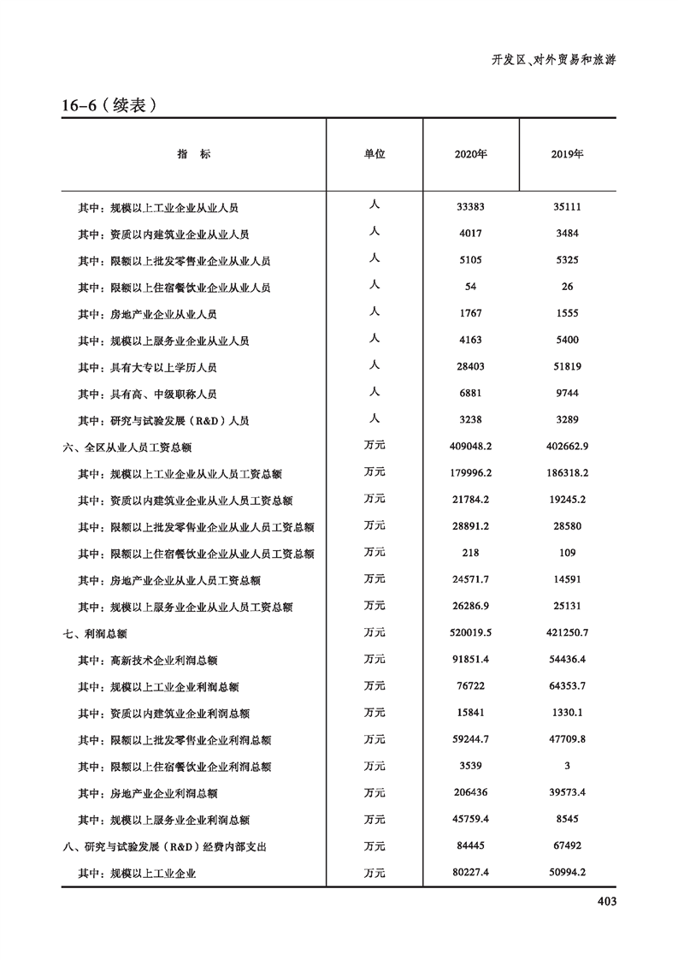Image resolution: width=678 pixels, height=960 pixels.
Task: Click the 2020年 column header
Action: coord(471,155)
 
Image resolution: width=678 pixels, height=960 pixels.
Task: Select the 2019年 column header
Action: coord(568,155)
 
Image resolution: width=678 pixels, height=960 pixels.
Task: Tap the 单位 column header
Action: coord(374,154)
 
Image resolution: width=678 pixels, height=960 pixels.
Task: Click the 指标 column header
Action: coord(193,154)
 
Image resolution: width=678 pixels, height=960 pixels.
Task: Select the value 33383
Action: coord(471,207)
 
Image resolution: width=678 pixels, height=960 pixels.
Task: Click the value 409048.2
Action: coord(471,447)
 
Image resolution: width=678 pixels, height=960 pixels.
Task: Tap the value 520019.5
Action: coord(471,633)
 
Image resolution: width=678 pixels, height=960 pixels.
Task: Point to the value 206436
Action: coord(471,793)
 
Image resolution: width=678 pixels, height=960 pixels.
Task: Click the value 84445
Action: coord(471,846)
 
